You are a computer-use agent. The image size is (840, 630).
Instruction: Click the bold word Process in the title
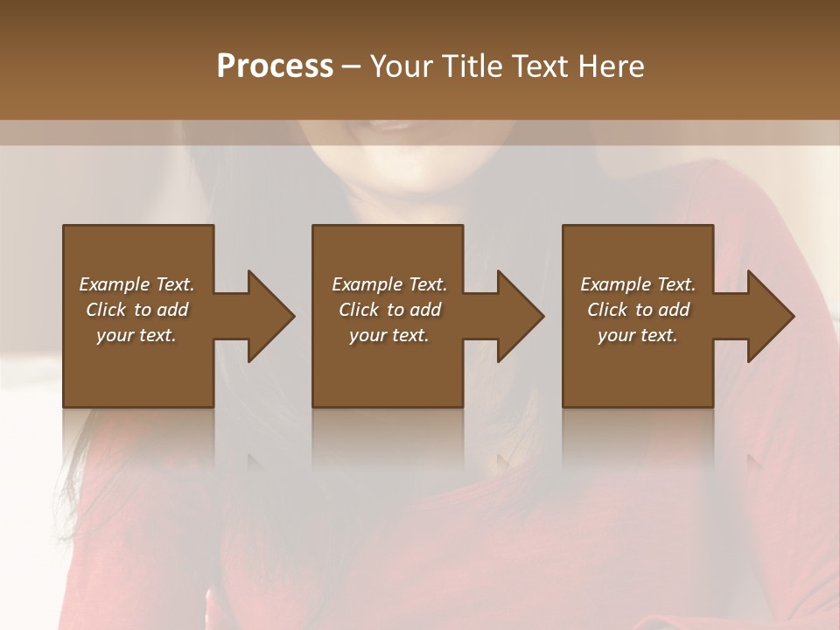click(x=275, y=66)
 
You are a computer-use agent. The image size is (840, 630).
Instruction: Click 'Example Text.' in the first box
click(x=136, y=284)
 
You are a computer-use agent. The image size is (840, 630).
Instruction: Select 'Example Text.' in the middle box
click(x=389, y=284)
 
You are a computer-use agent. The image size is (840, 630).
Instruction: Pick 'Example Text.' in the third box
click(x=638, y=284)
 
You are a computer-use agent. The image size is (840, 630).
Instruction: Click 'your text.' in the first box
click(x=136, y=335)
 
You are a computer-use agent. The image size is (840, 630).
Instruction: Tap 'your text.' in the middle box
click(x=389, y=335)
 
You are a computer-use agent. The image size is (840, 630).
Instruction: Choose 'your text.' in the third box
click(x=638, y=335)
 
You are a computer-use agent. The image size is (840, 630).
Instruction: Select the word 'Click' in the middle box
click(x=359, y=310)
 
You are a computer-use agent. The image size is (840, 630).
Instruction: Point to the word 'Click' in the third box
click(x=607, y=310)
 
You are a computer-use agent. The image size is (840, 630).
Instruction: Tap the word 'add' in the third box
click(x=674, y=310)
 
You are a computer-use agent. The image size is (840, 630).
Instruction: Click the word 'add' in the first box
click(x=172, y=310)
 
